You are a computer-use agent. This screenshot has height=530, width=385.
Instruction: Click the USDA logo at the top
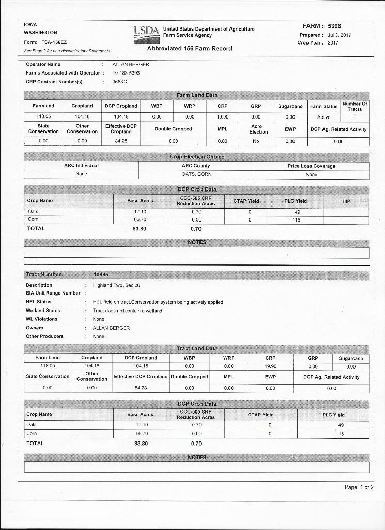[x=146, y=32]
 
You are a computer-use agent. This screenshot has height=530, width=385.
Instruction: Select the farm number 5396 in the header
[x=334, y=26]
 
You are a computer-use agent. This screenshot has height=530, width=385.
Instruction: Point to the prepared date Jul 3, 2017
[x=340, y=35]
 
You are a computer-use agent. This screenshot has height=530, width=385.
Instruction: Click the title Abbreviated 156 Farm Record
[x=190, y=48]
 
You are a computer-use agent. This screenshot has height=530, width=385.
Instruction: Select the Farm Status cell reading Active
[x=324, y=117]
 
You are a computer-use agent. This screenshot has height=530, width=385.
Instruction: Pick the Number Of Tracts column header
[x=355, y=106]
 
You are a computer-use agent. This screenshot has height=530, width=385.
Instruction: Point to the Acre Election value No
[x=256, y=140]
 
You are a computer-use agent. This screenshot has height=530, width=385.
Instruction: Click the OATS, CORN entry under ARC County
[x=196, y=174]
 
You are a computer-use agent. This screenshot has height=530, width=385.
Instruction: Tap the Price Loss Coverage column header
[x=311, y=166]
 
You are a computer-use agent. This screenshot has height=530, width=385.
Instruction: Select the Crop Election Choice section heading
[x=197, y=157]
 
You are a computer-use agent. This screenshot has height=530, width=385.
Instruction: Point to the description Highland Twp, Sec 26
[x=116, y=285]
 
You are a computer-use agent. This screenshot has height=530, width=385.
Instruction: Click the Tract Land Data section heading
[x=197, y=349]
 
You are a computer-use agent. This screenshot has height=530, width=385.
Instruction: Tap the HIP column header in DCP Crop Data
[x=346, y=201]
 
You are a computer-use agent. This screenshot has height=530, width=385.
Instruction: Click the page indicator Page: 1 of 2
[x=355, y=487]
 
